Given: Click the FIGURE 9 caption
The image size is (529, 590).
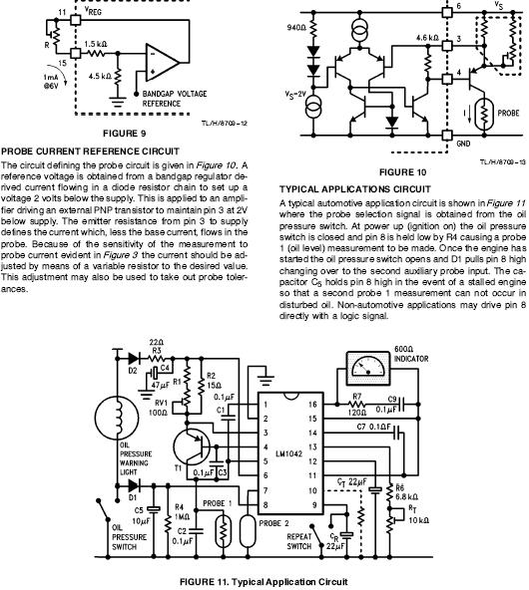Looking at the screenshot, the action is [125, 134].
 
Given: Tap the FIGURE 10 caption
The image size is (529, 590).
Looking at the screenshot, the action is [402, 172].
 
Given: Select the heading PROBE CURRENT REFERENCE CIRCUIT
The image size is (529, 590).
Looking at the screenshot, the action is [90, 151].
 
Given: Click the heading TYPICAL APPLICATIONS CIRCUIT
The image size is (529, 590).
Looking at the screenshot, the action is [355, 189].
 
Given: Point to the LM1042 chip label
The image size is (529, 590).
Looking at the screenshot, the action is [289, 453].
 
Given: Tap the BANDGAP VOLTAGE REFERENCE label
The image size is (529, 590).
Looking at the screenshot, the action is [175, 99].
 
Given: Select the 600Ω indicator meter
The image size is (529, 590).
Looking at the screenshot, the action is [367, 368].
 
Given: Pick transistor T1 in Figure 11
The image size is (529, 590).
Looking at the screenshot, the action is [192, 447].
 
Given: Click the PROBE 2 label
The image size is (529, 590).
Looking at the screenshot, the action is [273, 523].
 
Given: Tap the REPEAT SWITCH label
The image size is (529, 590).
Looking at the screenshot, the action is [299, 541].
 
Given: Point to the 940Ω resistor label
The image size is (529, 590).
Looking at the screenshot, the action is [296, 28].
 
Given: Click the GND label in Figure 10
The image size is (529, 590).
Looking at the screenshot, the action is [463, 144].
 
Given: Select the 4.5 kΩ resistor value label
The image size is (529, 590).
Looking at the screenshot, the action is [100, 77].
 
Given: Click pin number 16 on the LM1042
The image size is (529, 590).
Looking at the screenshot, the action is [312, 405].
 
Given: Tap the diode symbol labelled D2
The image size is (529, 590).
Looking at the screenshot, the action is [134, 358].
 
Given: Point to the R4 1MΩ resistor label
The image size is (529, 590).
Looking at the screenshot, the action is [179, 512].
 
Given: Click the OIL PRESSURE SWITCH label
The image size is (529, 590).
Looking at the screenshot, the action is [129, 537].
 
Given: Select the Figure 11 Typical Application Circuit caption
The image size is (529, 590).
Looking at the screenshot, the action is [264, 582].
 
